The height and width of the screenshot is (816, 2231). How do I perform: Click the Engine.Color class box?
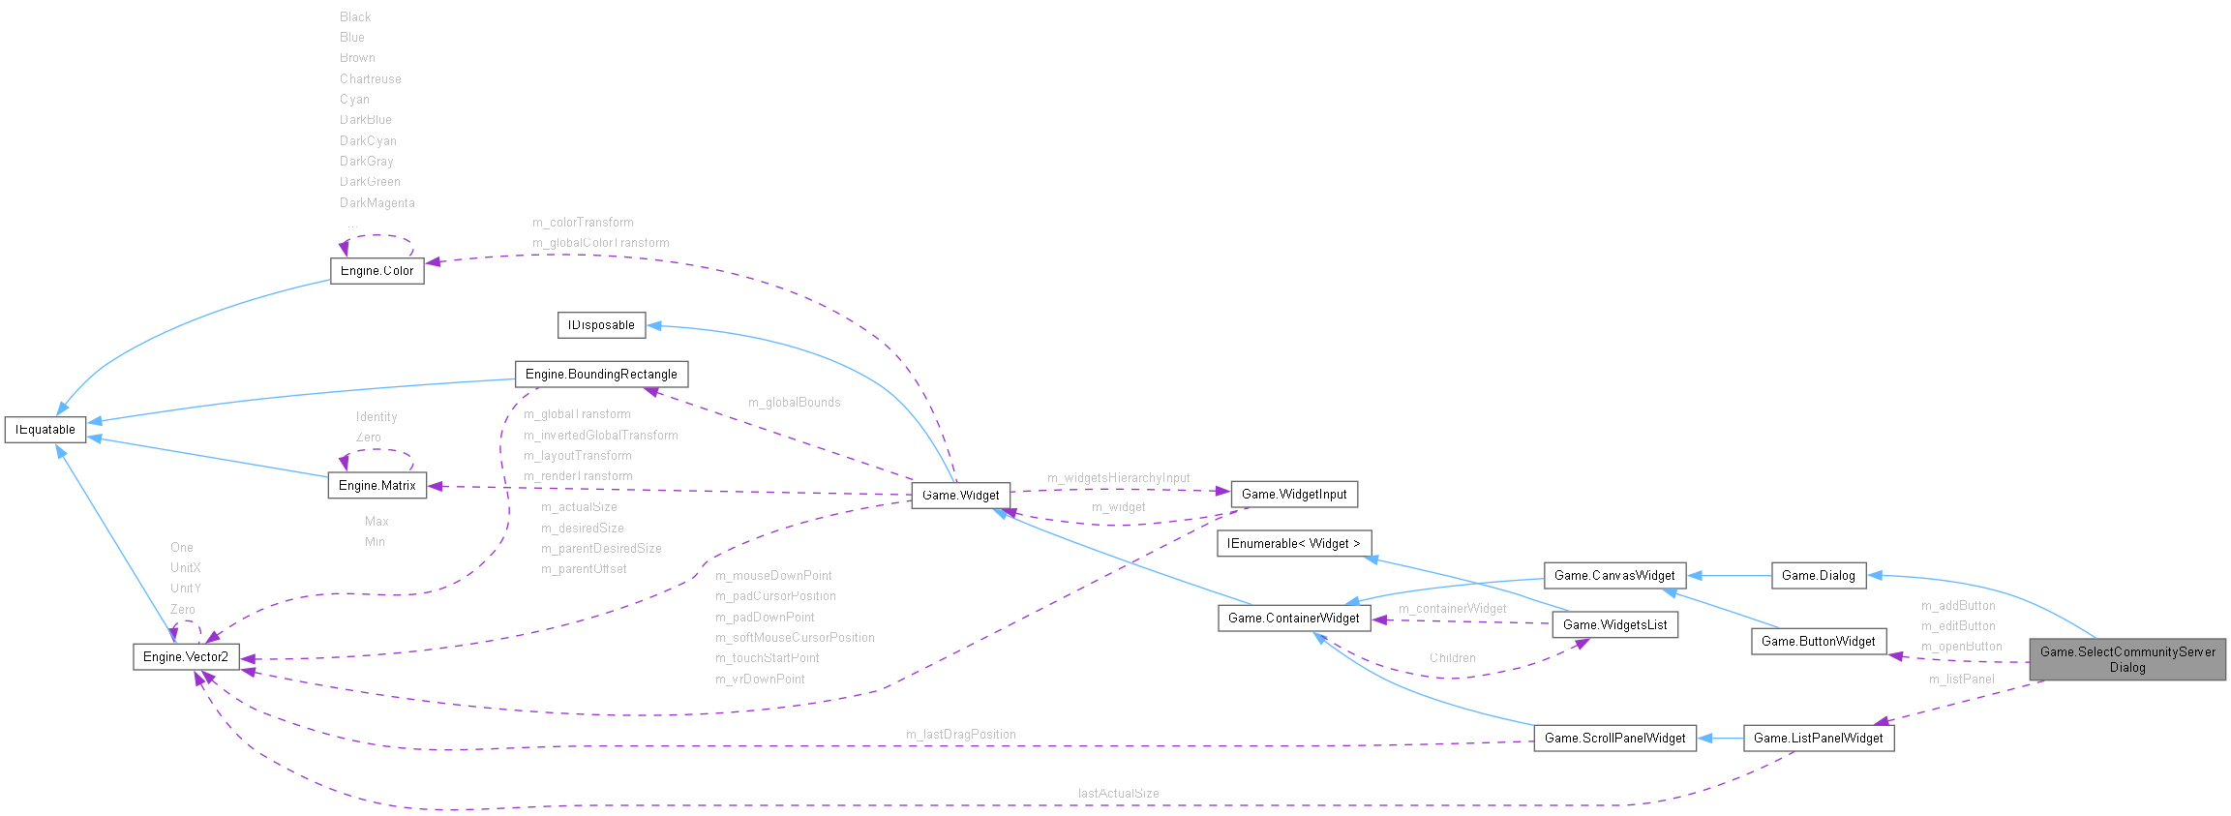point(377,271)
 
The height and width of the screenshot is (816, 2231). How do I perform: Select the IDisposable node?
point(601,325)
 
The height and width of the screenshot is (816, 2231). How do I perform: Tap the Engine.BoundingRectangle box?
point(601,375)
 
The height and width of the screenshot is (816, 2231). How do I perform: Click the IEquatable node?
point(45,430)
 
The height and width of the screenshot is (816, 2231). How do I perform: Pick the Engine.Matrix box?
point(377,486)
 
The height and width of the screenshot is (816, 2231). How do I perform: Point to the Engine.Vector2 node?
point(186,657)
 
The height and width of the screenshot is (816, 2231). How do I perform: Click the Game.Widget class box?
point(960,496)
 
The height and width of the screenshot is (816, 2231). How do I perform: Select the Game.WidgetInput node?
point(1294,495)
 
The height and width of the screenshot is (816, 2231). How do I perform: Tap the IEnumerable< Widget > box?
point(1294,544)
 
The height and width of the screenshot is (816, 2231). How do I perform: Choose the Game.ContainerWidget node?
point(1293,619)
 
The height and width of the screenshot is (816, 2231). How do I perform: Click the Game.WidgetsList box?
point(1614,625)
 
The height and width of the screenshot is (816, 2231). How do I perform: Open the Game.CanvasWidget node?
point(1614,576)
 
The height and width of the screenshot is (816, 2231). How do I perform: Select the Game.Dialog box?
point(1818,576)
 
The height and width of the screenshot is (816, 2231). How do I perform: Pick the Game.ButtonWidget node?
point(1818,642)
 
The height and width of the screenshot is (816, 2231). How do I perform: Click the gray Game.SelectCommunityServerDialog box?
point(2127,659)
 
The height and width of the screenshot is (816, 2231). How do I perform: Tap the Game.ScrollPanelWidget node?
point(1614,739)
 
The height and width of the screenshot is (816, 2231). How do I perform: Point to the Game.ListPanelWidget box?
point(1818,739)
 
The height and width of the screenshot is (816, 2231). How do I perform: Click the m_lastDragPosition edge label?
point(960,735)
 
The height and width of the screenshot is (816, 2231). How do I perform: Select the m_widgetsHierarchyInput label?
point(1118,478)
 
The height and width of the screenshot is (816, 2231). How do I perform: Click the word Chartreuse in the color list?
point(370,79)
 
